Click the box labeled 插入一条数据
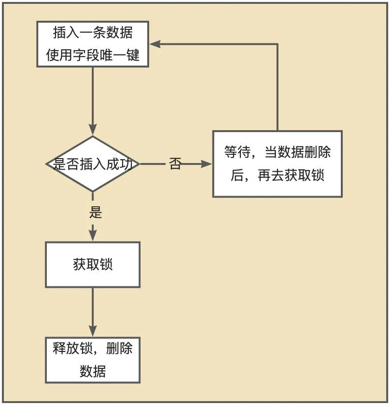click(93, 44)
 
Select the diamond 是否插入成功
click(93, 164)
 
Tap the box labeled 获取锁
click(93, 265)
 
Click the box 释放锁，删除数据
click(93, 360)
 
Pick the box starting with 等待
click(278, 164)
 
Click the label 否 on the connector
click(175, 164)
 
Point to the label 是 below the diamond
click(96, 212)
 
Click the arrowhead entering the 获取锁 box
click(93, 235)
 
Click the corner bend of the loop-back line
click(278, 44)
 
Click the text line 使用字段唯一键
click(93, 55)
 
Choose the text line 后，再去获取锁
click(278, 175)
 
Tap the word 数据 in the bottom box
click(93, 371)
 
